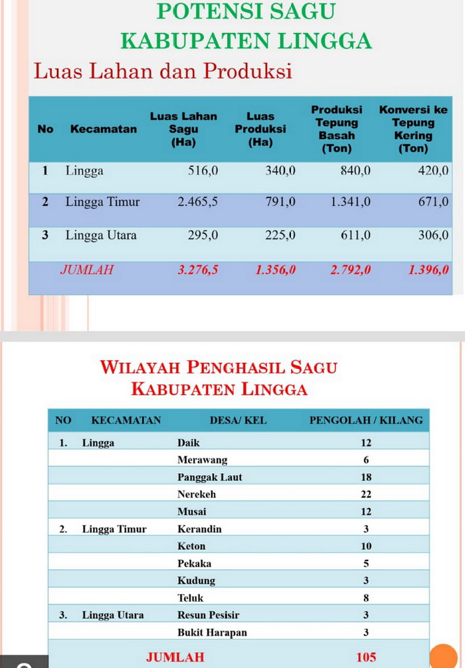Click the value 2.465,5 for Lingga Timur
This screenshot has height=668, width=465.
click(197, 202)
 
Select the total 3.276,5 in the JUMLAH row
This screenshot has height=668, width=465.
click(197, 270)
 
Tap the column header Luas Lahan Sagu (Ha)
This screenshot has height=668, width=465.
click(183, 129)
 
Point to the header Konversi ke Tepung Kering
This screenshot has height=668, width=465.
click(413, 129)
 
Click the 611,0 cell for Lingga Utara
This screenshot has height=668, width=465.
click(355, 235)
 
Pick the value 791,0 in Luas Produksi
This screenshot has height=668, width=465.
click(280, 202)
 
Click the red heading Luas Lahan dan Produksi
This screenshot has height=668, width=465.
click(163, 70)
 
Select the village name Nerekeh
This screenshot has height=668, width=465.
click(197, 494)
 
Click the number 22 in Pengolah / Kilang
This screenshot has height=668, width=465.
click(366, 494)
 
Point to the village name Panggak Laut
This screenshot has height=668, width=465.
click(210, 477)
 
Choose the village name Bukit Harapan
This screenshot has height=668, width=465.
click(212, 632)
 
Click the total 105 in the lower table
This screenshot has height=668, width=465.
click(366, 657)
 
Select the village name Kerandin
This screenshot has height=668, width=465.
click(199, 529)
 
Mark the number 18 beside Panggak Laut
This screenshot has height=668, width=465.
click(366, 477)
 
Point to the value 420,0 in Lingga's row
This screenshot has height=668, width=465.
click(433, 170)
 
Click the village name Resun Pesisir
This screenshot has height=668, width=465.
click(209, 615)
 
